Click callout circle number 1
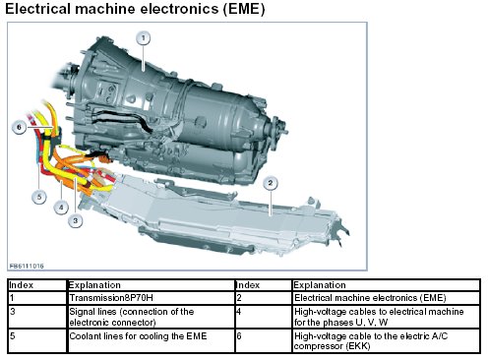[144, 38]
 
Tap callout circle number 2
[271, 183]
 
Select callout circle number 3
[76, 220]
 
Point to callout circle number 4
[61, 208]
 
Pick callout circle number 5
[39, 197]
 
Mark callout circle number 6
[19, 127]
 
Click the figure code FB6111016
[27, 266]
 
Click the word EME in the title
[244, 9]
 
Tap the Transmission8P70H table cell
[152, 298]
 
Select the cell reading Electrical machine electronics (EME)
[386, 298]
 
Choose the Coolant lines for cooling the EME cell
[152, 340]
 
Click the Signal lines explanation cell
[152, 317]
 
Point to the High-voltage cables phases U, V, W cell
[386, 317]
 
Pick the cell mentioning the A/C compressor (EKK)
[386, 340]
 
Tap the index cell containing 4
[264, 317]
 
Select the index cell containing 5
[37, 340]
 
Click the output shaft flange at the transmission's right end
[278, 132]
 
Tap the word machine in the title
[105, 9]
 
